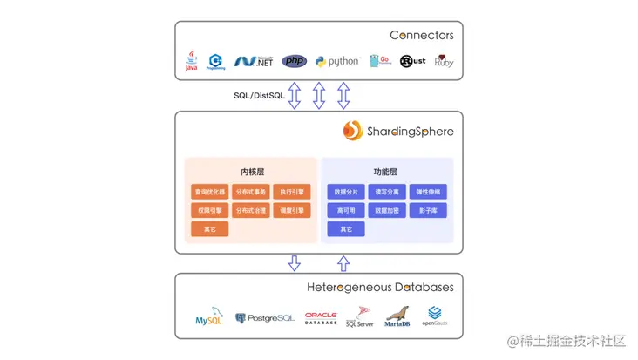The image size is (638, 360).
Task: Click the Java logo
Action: point(191,60)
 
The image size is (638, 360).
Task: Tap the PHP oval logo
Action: point(295,61)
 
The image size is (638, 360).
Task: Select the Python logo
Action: point(337,61)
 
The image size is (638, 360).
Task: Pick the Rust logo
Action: point(411,61)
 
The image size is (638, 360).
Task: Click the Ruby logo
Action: point(444,61)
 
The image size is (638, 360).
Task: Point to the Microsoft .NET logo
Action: point(254,61)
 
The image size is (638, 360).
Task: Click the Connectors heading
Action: point(421,36)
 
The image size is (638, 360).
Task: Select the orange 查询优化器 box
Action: point(209,192)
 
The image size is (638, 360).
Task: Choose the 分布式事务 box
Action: point(251,192)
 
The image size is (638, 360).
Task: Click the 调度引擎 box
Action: point(292,210)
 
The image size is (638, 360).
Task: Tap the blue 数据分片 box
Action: point(346,192)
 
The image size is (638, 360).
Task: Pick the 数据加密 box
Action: point(387,210)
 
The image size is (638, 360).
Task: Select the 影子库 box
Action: point(427,210)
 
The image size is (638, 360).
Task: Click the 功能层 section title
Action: point(387,172)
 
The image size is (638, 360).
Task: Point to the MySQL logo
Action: point(210,318)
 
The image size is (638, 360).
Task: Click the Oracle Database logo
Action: point(321,318)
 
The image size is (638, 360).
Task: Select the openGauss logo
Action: point(434,316)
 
